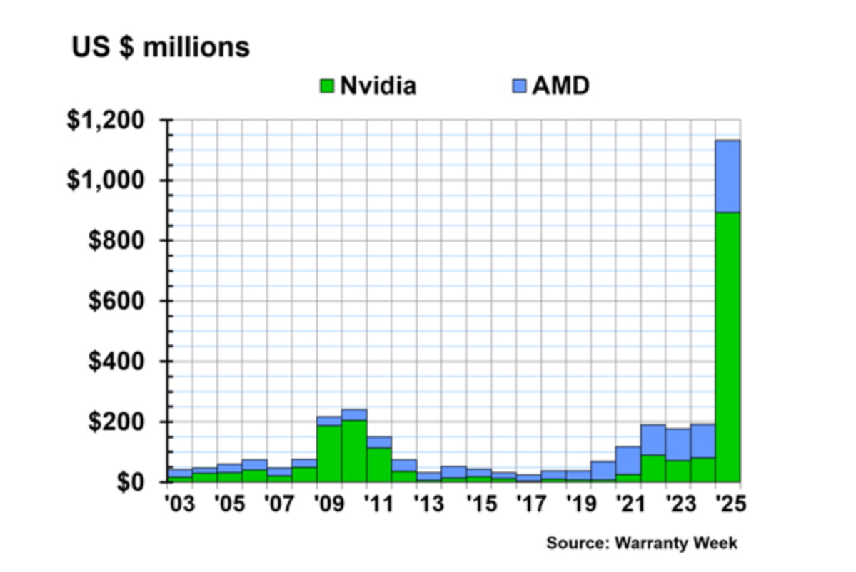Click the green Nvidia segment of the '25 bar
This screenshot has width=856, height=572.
727,347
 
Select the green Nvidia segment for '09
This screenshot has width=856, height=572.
328,453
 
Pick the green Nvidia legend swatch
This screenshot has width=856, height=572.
326,87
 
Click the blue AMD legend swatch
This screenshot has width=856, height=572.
519,87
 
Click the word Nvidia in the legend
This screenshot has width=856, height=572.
378,87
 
